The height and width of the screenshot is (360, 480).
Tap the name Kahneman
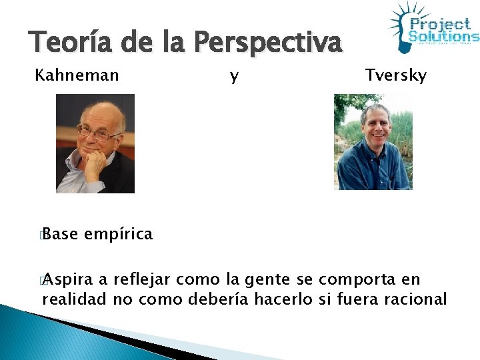[x=77, y=75]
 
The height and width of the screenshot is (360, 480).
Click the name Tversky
[x=395, y=75]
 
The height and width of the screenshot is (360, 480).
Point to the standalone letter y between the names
[x=233, y=77]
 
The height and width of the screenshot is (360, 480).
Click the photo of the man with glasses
[x=95, y=143]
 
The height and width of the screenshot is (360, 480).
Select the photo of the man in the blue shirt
[x=373, y=141]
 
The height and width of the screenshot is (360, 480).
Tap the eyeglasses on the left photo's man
[x=98, y=133]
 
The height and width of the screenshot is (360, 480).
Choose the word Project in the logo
[x=440, y=24]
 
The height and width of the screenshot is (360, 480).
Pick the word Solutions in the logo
[x=443, y=37]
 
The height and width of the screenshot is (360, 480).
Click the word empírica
[x=119, y=234]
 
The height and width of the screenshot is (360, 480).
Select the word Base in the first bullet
[x=60, y=234]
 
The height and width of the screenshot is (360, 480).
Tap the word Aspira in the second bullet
[x=69, y=279]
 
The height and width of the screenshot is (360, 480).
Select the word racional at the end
[x=415, y=299]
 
